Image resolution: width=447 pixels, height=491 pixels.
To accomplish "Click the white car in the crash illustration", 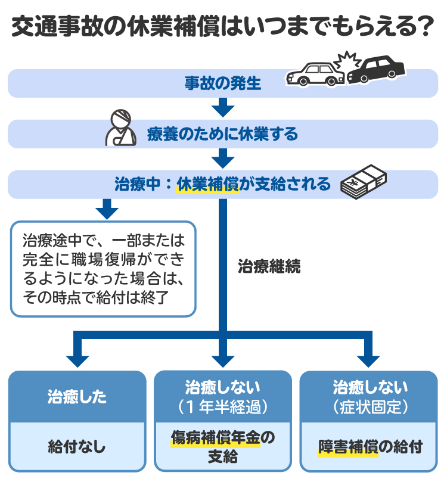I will click(314, 74).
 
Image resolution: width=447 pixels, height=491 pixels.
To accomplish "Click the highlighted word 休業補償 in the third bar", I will click(207, 184).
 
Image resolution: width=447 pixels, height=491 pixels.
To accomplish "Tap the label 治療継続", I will click(269, 266).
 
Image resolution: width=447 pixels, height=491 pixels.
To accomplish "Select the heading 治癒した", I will click(77, 397).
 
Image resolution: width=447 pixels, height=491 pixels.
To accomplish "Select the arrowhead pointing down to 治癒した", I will click(77, 360).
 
